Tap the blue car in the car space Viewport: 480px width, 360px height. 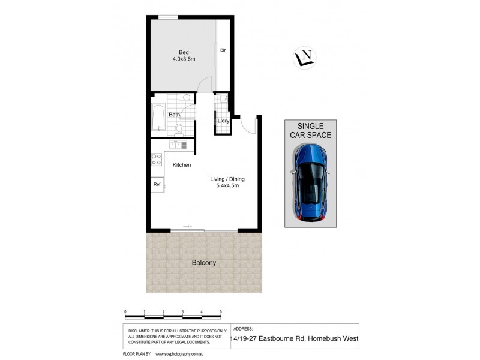pyautogui.click(x=311, y=182)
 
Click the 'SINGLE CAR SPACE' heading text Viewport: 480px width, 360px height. pyautogui.click(x=311, y=130)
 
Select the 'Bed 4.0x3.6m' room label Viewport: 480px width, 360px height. pyautogui.click(x=184, y=55)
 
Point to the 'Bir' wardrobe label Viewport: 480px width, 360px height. pyautogui.click(x=223, y=50)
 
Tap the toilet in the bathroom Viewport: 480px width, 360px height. pyautogui.click(x=178, y=128)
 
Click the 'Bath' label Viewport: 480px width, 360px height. pyautogui.click(x=174, y=115)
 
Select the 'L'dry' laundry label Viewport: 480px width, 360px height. pyautogui.click(x=223, y=121)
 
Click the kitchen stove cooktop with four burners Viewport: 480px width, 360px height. pyautogui.click(x=157, y=160)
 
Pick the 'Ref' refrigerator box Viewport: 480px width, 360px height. pyautogui.click(x=157, y=184)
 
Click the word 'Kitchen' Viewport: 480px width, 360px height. pyautogui.click(x=182, y=164)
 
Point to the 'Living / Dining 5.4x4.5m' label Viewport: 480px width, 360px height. pyautogui.click(x=227, y=182)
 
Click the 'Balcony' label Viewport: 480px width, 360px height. pyautogui.click(x=204, y=263)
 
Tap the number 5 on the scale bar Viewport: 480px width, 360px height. pyautogui.click(x=221, y=311)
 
